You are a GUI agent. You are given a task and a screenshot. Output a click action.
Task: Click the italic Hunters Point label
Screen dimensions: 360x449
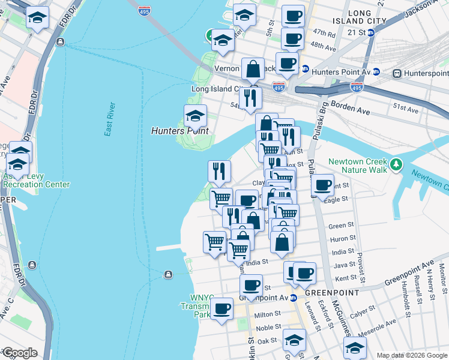(x=179, y=131)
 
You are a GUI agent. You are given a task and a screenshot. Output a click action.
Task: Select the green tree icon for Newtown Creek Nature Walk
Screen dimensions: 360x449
(x=396, y=164)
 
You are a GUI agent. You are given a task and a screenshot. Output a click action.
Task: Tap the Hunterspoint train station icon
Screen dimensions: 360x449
(x=397, y=73)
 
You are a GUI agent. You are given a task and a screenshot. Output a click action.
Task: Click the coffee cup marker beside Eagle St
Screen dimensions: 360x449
(x=323, y=185)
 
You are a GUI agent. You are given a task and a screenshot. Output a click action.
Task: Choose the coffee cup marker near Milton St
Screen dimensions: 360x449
(x=221, y=309)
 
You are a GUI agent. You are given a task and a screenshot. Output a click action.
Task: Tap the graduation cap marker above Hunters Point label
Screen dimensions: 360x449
(x=195, y=116)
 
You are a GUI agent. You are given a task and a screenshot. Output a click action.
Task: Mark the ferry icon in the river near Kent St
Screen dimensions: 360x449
(x=169, y=274)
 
